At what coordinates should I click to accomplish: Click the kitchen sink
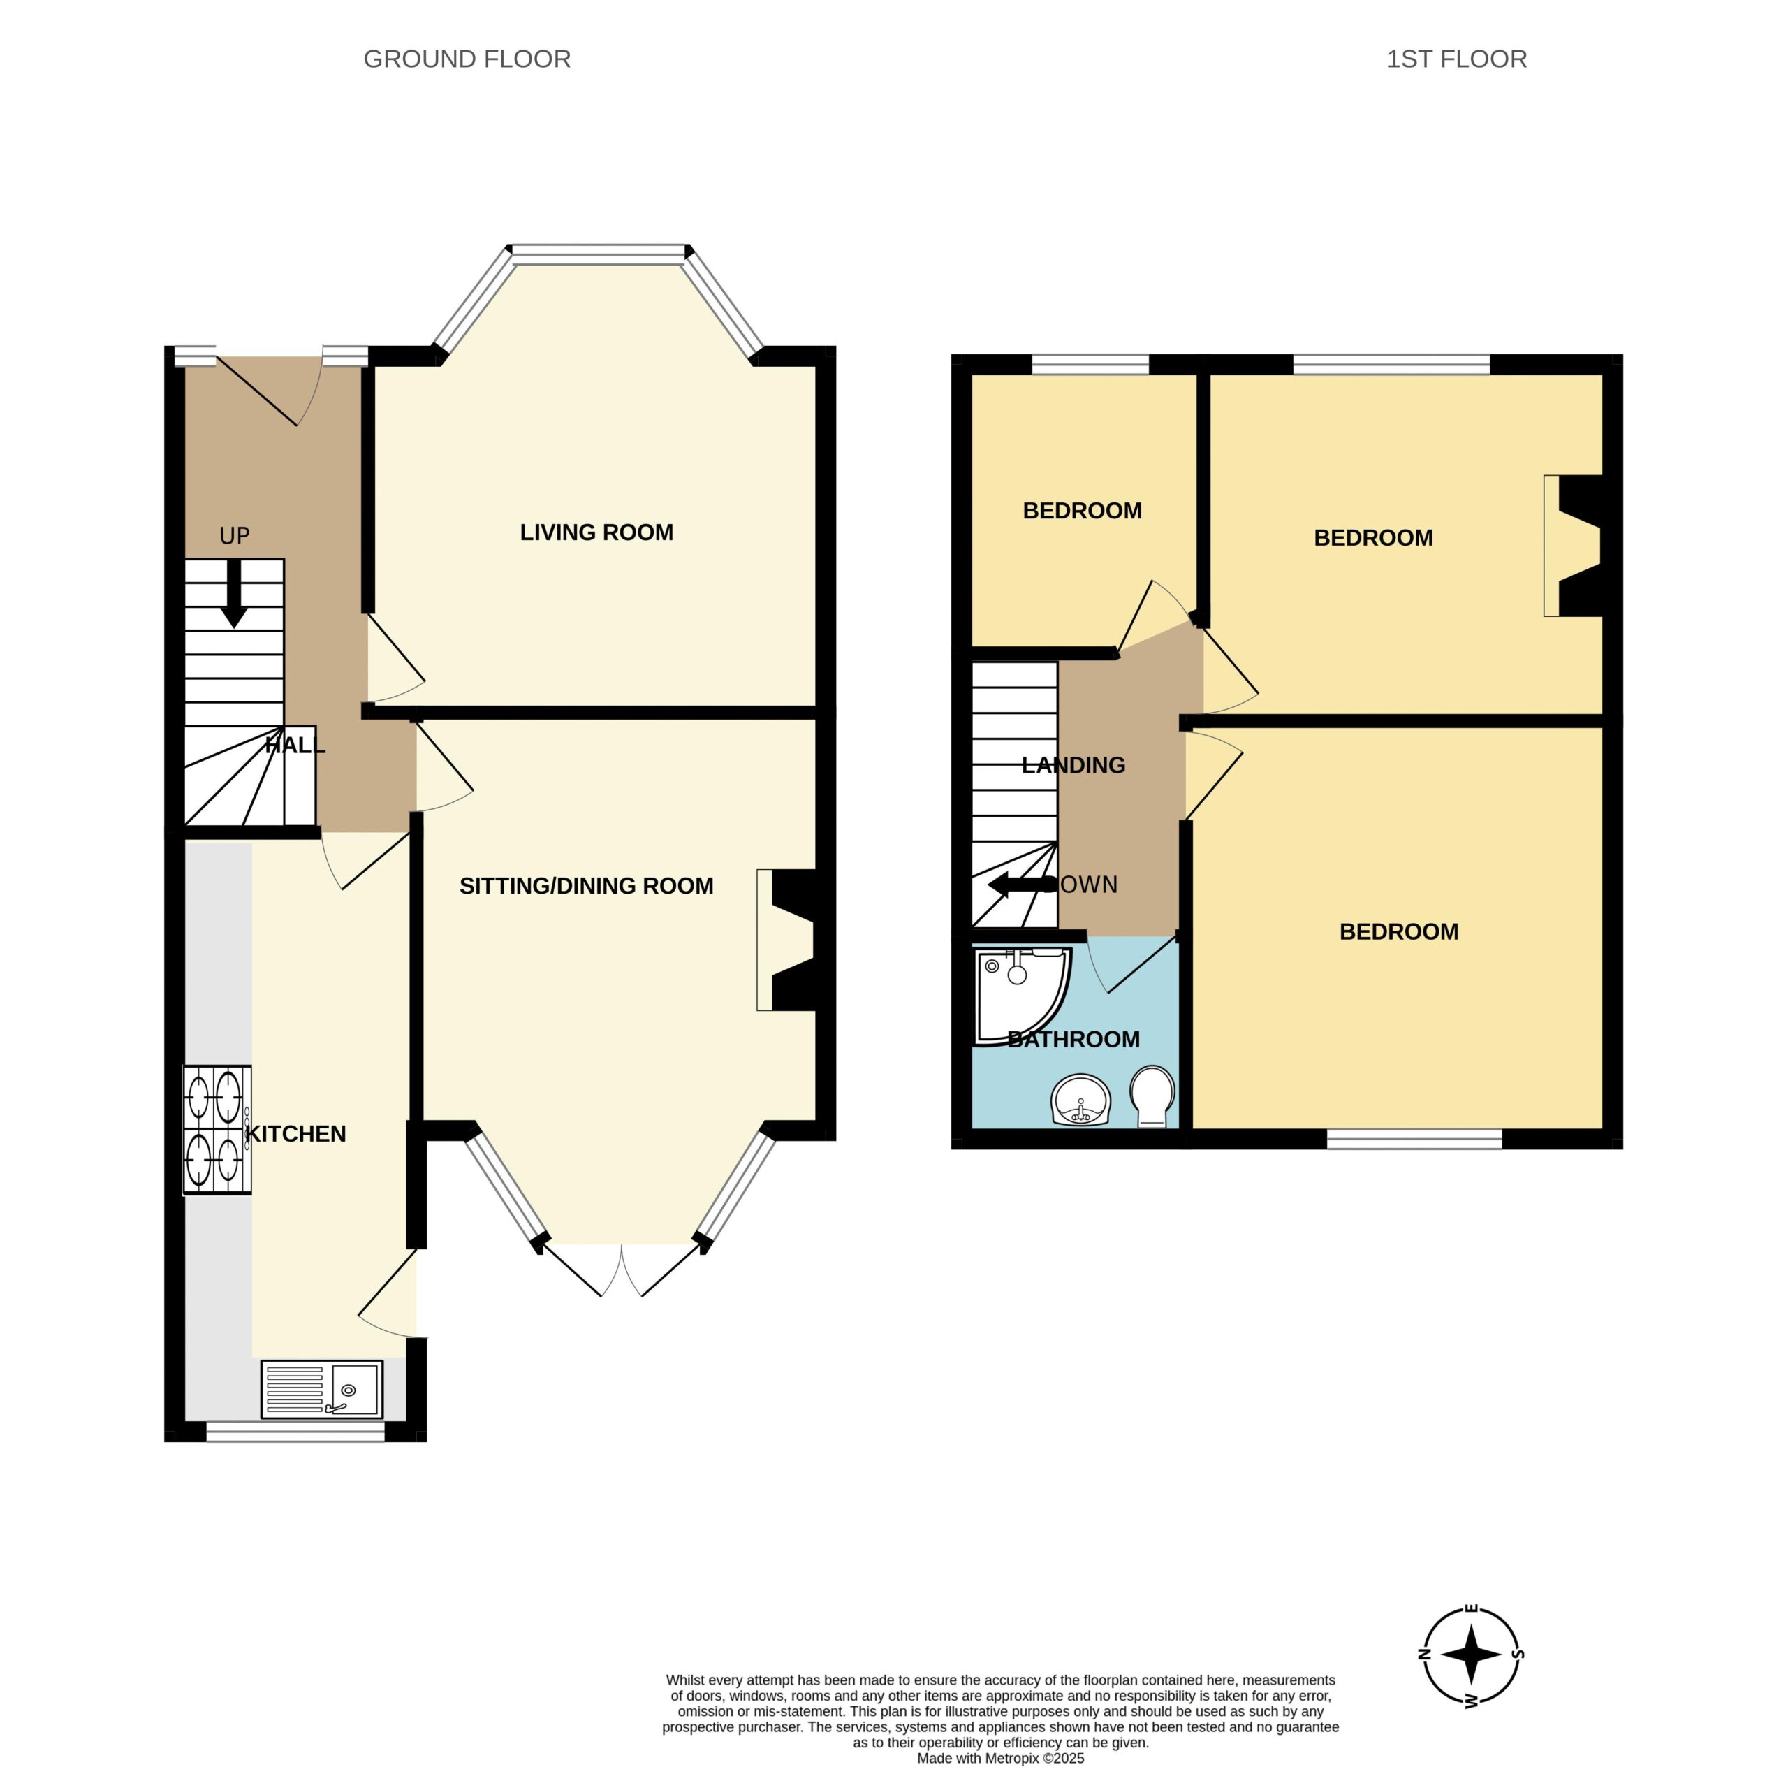321,1388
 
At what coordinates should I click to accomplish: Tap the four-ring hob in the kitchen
217,1129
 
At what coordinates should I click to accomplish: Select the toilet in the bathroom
1152,1096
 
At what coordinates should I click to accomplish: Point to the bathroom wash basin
1080,1100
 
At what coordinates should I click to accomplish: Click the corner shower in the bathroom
1018,993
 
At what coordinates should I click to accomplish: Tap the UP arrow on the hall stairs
234,593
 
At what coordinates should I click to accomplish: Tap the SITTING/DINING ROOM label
586,886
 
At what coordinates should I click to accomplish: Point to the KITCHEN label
295,1134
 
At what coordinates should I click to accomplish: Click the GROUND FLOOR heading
467,59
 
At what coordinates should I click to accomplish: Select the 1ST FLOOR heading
1457,59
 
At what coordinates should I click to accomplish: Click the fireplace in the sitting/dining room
786,940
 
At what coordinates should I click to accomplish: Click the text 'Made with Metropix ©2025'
999,1758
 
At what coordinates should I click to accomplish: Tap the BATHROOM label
1073,1040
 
